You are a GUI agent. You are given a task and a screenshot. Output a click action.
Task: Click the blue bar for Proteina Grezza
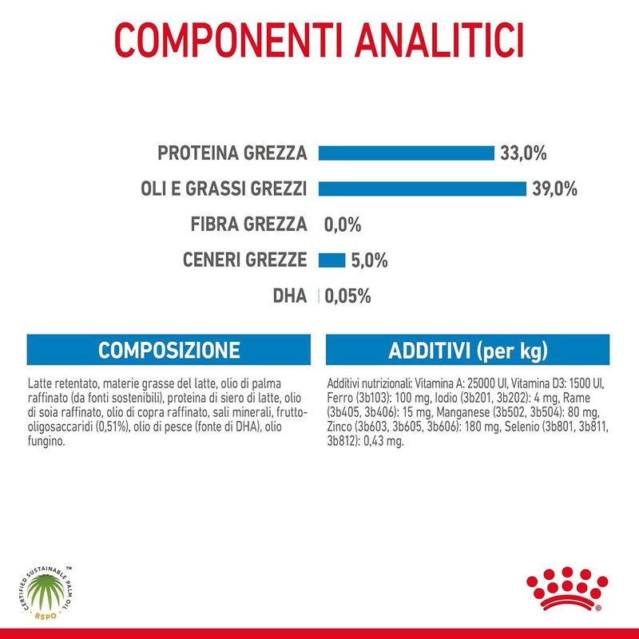(x=407, y=153)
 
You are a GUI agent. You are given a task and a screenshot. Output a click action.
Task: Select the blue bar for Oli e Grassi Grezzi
(x=423, y=189)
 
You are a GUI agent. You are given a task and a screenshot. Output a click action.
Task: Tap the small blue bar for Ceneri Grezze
(x=331, y=260)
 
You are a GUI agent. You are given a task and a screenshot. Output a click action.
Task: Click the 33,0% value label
(x=523, y=153)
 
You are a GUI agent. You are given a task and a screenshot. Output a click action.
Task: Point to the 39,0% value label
(x=554, y=189)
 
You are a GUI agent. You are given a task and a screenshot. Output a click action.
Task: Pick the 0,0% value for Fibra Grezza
(x=343, y=224)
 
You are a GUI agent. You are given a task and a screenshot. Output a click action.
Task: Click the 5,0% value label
(x=369, y=260)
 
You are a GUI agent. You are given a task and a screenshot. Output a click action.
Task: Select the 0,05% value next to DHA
(x=347, y=296)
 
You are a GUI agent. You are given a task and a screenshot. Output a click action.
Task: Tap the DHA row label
(x=290, y=296)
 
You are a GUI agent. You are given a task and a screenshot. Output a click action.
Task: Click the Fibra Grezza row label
(x=248, y=224)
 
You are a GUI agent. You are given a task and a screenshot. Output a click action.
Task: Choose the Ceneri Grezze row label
(x=244, y=260)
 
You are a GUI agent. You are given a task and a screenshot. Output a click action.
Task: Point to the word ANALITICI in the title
(x=439, y=40)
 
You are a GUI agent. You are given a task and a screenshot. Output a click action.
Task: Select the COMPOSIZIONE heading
(x=169, y=350)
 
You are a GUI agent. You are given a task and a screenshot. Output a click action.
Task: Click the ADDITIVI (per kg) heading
(x=468, y=351)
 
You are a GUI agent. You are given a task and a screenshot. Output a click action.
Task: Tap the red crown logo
(x=567, y=589)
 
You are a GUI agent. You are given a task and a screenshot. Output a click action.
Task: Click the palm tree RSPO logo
(x=46, y=593)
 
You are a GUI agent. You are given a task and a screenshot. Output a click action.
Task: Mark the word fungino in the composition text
(x=46, y=442)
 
